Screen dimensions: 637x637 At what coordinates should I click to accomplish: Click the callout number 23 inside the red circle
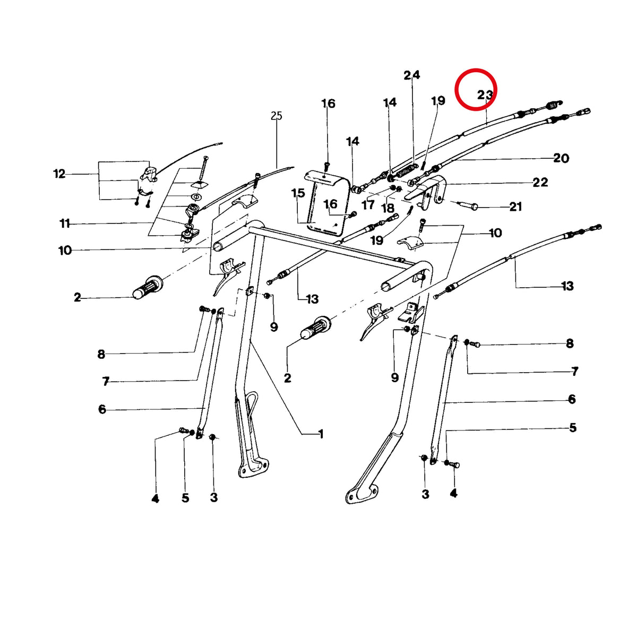tap(485, 95)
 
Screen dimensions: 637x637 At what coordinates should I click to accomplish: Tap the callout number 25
tap(277, 116)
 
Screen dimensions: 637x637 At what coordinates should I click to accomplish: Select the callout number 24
tap(411, 75)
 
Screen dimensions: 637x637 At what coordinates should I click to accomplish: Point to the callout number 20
tap(561, 158)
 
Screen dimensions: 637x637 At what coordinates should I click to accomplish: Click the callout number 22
tap(540, 182)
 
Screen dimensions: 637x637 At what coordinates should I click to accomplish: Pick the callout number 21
tap(515, 206)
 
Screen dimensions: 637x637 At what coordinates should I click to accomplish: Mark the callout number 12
tap(59, 174)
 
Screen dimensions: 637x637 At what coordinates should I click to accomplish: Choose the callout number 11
tap(65, 224)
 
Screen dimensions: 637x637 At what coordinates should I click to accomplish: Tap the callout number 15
tap(298, 193)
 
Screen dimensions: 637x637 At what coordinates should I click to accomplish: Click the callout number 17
tap(368, 205)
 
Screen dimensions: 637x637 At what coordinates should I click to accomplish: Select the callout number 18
tap(388, 208)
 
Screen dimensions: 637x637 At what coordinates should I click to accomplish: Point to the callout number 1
tap(320, 434)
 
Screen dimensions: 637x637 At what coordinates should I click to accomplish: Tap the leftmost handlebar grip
tap(149, 287)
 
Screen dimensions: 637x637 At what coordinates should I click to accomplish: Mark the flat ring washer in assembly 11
tap(198, 197)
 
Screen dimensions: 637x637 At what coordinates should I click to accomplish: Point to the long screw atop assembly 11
tap(202, 168)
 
